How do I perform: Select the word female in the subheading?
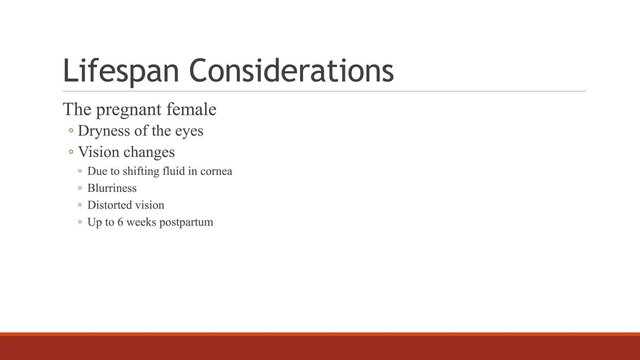coord(191,109)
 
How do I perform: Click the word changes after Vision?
coord(149,152)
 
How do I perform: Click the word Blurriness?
coord(112,188)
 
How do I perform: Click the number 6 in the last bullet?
coord(120,222)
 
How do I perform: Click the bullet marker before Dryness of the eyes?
coord(71,131)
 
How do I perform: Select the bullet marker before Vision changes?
coord(71,152)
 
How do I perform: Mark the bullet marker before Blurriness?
coord(80,188)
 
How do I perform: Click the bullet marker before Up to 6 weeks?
coord(80,222)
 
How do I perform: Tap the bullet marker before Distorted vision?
coord(80,205)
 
